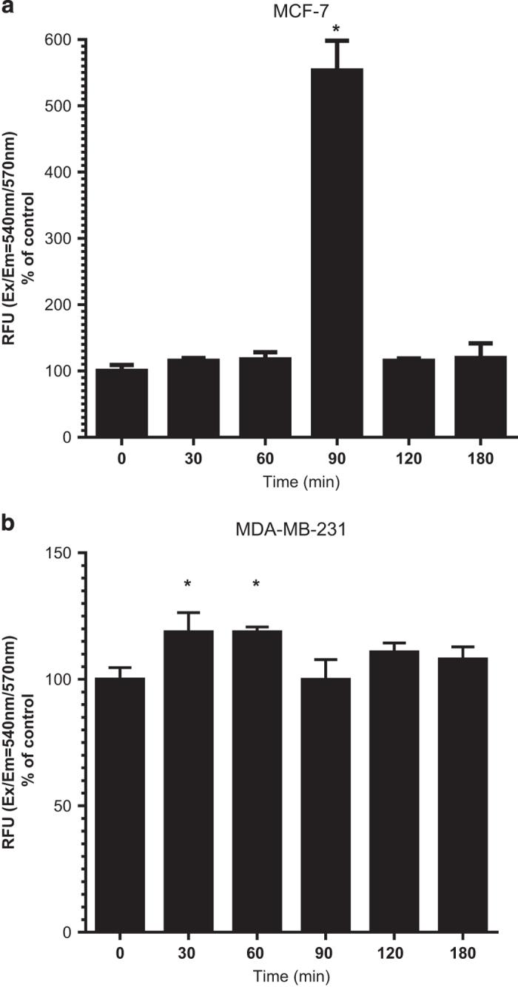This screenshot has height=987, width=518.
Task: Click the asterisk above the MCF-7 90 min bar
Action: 337,30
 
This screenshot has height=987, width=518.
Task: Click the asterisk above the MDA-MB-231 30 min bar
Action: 188,585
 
